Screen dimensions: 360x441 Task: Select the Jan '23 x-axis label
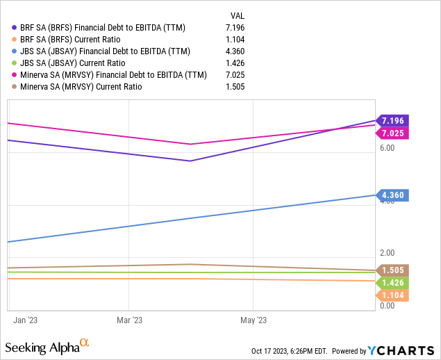point(25,320)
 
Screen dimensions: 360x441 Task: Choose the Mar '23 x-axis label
point(129,320)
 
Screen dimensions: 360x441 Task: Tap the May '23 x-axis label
point(253,320)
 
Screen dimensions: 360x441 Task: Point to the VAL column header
point(238,15)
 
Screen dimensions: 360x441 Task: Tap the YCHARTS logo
point(399,350)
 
